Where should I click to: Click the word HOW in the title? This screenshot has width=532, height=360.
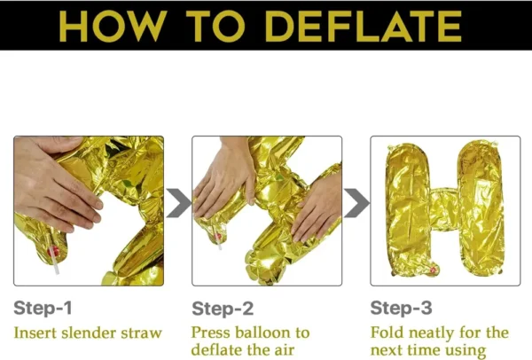tap(113, 26)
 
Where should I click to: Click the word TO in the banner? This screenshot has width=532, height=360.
tap(215, 26)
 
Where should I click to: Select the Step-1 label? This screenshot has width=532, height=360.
tap(43, 308)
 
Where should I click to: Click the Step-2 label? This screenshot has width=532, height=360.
tap(223, 309)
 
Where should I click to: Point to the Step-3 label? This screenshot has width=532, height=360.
tap(401, 308)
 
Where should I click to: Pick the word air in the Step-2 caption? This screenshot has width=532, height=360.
tap(284, 350)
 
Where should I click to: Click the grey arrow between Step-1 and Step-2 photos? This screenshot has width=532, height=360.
tap(179, 203)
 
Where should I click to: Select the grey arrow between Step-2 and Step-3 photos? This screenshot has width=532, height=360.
tap(357, 203)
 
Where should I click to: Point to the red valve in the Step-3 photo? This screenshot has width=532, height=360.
tap(433, 270)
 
